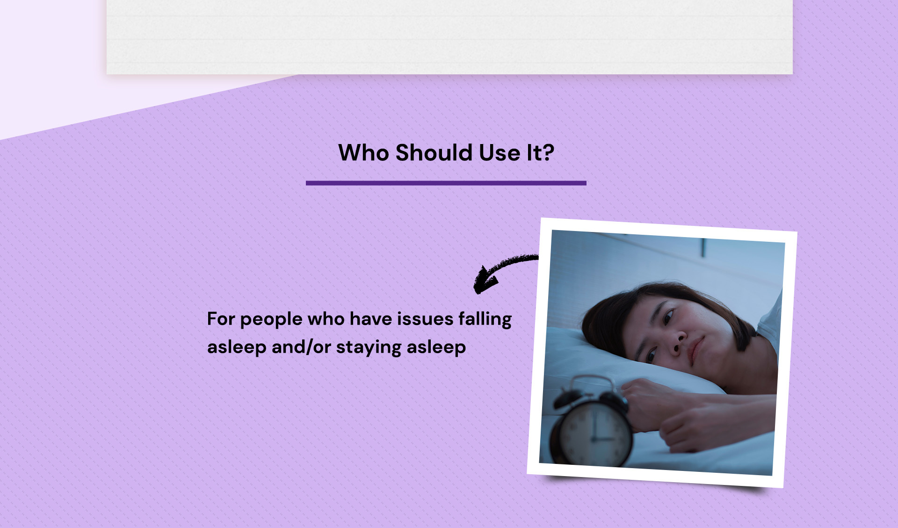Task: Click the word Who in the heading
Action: tap(363, 152)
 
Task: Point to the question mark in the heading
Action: tap(548, 152)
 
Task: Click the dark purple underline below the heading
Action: tap(446, 183)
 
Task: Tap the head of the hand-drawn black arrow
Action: tap(485, 280)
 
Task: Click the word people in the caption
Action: tap(271, 320)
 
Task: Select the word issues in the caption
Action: tap(425, 319)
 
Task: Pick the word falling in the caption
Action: tap(485, 320)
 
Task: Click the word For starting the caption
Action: tap(221, 319)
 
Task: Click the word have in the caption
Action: tap(370, 319)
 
